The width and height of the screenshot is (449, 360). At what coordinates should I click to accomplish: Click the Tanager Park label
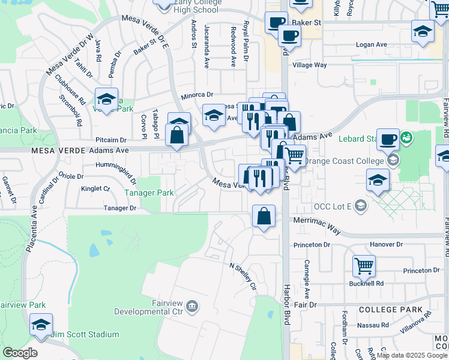pos(149,193)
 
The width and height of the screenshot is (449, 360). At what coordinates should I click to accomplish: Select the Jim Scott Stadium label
pos(85,334)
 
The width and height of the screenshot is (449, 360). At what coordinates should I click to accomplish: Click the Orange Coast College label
pos(344,161)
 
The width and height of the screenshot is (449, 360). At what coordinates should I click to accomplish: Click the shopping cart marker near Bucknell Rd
pos(364,265)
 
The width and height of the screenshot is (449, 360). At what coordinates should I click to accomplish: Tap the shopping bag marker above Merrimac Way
pos(264,216)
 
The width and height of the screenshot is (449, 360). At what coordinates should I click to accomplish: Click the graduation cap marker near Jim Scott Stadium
pos(41,325)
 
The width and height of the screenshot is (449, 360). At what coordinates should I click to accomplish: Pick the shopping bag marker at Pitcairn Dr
pos(178,135)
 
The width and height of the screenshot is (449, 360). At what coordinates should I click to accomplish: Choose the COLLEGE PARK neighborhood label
pos(385,309)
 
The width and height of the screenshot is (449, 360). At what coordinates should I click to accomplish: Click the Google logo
pos(20,353)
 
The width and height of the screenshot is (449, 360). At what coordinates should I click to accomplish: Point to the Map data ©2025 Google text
pos(412,355)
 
